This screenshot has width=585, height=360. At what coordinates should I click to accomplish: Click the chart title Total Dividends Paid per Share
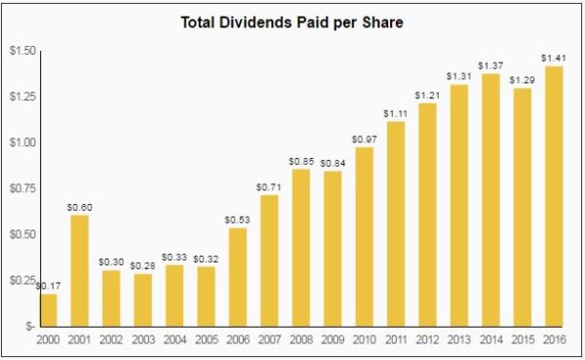(x=292, y=20)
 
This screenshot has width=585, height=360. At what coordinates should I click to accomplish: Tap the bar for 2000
(x=48, y=309)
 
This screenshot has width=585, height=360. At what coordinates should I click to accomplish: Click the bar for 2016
(x=554, y=195)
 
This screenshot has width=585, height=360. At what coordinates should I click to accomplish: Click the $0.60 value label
(x=79, y=207)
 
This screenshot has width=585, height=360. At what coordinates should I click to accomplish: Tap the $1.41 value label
(x=554, y=58)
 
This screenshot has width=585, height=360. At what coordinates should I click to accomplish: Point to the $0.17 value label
(x=46, y=285)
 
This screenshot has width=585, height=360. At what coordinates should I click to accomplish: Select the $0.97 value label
(x=365, y=139)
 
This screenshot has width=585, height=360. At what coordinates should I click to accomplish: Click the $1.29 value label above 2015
(x=523, y=79)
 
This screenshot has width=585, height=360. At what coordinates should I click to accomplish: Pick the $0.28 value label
(x=143, y=265)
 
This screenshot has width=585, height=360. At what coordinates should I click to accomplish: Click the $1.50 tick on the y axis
(x=21, y=51)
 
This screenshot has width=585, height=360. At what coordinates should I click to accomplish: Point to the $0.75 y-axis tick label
(x=21, y=188)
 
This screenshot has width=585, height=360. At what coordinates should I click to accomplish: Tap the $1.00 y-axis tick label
(x=21, y=142)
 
